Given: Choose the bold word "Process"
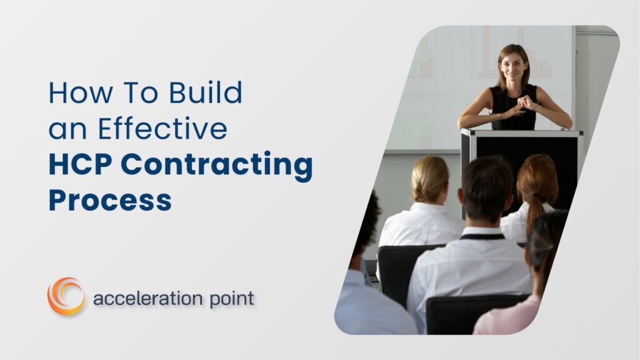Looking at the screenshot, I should [110, 201].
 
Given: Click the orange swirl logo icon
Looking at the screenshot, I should [66, 296].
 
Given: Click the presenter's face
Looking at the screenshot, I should [512, 66].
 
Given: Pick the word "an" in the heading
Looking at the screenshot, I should [66, 129].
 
